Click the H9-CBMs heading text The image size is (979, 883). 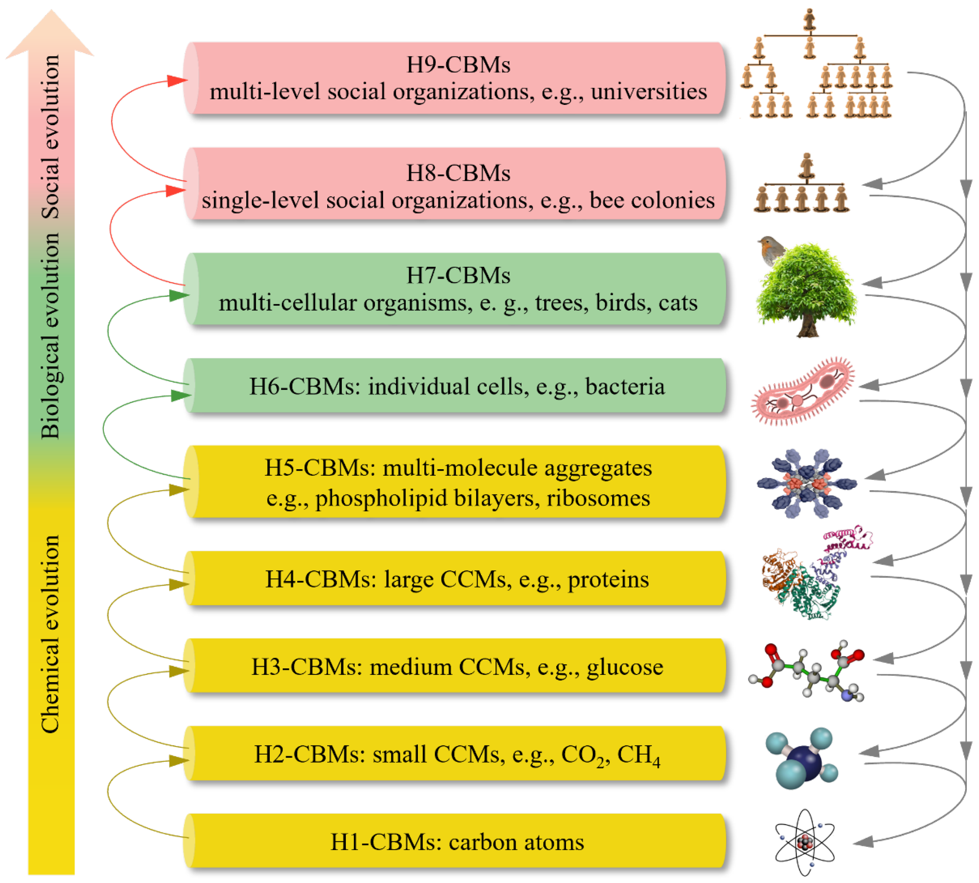click(458, 65)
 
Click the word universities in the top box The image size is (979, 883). click(649, 92)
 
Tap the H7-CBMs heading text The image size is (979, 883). click(458, 275)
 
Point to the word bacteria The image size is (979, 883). click(625, 386)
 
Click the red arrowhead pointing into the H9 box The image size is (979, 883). click(177, 81)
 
